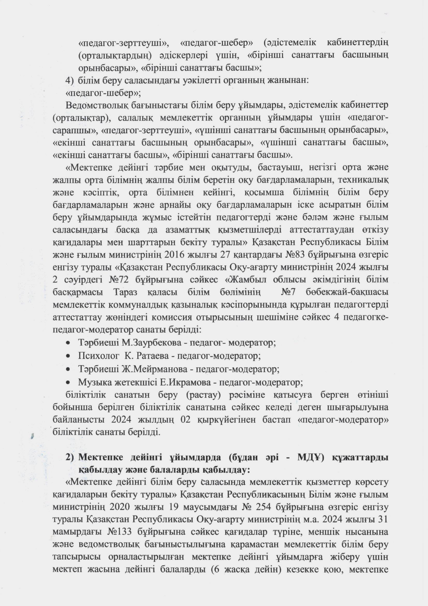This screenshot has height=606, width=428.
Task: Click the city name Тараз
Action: point(124,292)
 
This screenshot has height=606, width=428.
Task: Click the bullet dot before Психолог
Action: point(68,356)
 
